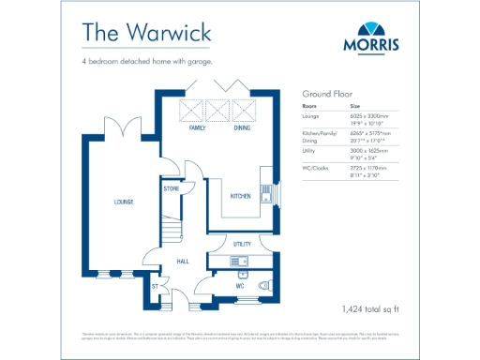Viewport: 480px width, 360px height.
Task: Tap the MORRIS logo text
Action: pos(374,43)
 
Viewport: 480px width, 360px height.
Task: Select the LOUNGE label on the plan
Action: pos(123,202)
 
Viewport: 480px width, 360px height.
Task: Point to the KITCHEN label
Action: pos(240,196)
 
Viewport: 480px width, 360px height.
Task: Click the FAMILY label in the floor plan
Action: pos(197,127)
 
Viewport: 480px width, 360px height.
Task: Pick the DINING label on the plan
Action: pos(242,127)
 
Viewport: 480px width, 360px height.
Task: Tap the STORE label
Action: pos(171,188)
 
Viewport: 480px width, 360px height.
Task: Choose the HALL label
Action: pos(184,262)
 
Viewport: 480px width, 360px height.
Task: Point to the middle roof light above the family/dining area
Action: pos(218,111)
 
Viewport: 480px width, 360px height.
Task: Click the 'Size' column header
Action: pos(354,106)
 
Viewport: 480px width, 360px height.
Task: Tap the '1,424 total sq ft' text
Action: pos(372,307)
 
